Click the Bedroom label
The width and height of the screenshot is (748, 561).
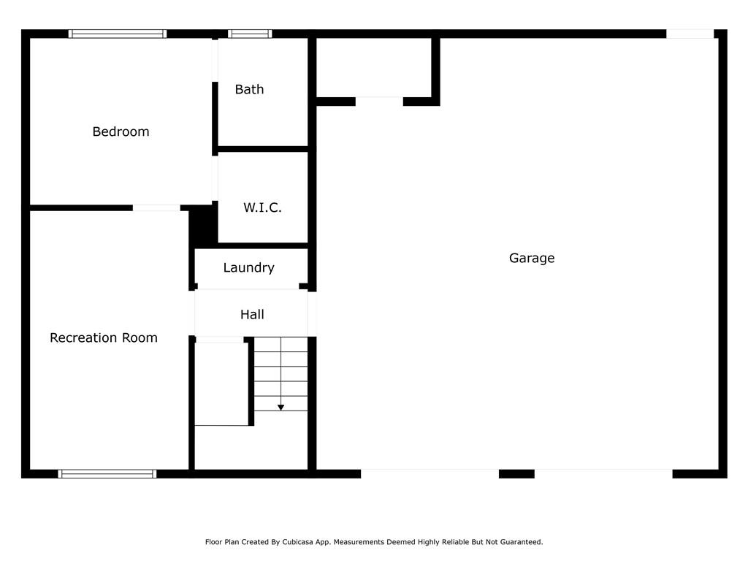point(121,131)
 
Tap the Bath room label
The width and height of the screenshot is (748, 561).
point(249,89)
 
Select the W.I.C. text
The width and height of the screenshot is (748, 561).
point(262,207)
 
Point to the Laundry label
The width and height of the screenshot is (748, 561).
point(248,267)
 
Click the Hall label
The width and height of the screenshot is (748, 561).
point(252,314)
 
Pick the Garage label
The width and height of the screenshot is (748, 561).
point(532,258)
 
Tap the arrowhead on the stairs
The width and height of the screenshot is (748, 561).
point(281,408)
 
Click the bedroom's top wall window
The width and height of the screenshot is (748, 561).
point(118,34)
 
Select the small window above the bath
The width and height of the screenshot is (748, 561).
point(250,34)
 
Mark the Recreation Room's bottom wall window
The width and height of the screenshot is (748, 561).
point(107,473)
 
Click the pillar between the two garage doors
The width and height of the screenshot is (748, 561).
point(516,473)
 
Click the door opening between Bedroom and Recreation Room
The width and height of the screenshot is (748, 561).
point(156,208)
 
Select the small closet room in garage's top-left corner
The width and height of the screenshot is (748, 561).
point(374,67)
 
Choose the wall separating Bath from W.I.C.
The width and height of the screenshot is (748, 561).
point(263,149)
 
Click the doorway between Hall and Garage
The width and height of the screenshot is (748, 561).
point(312,314)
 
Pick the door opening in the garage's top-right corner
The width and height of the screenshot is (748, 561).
point(690,34)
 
